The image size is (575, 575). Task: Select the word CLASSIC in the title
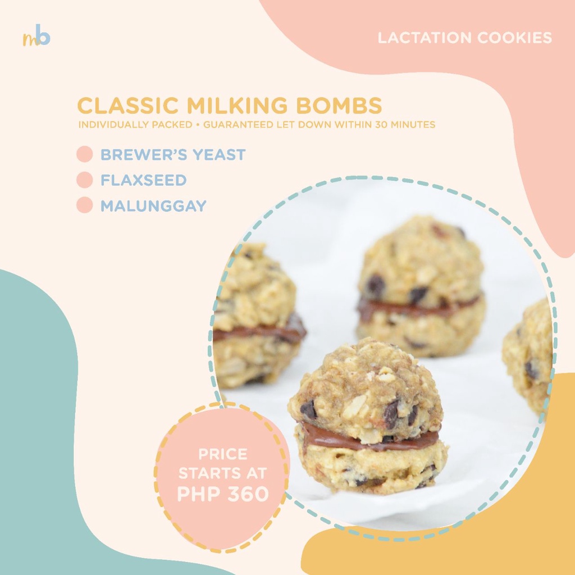pyautogui.click(x=129, y=106)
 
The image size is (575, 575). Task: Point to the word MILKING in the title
pyautogui.click(x=238, y=106)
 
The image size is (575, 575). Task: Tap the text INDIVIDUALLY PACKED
pyautogui.click(x=135, y=125)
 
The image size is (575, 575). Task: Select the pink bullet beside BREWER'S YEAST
pyautogui.click(x=85, y=154)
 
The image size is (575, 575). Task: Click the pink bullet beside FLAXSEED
pyautogui.click(x=85, y=180)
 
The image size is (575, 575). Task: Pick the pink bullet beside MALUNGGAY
pyautogui.click(x=85, y=205)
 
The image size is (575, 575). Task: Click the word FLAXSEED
pyautogui.click(x=144, y=180)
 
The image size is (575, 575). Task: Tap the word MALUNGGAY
pyautogui.click(x=154, y=206)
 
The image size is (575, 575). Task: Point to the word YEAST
pyautogui.click(x=219, y=155)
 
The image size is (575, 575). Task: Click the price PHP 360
pyautogui.click(x=223, y=494)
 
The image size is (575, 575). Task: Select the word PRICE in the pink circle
pyautogui.click(x=223, y=454)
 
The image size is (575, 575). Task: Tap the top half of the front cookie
pyautogui.click(x=363, y=389)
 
